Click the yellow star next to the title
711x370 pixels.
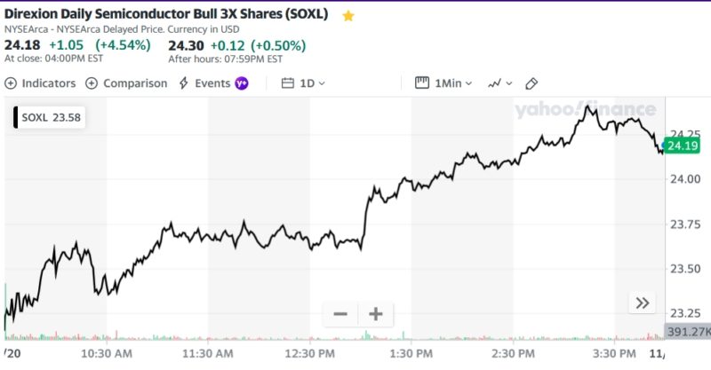(348, 16)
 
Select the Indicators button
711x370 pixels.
(41, 83)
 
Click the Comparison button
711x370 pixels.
(126, 83)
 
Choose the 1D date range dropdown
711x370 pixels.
(304, 83)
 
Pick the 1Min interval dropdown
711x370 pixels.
(444, 83)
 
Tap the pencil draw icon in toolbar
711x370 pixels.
(532, 83)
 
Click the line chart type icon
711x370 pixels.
(499, 83)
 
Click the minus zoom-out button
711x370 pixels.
(340, 314)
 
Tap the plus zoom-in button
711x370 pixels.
(375, 314)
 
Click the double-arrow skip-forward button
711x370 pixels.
(643, 303)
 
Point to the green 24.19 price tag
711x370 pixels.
(683, 146)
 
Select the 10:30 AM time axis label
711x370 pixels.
(107, 353)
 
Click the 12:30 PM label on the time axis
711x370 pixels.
(309, 353)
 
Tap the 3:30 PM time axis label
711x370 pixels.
(613, 353)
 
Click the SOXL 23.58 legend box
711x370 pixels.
(50, 116)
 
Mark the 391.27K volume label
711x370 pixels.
(688, 332)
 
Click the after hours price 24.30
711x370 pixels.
(186, 45)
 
